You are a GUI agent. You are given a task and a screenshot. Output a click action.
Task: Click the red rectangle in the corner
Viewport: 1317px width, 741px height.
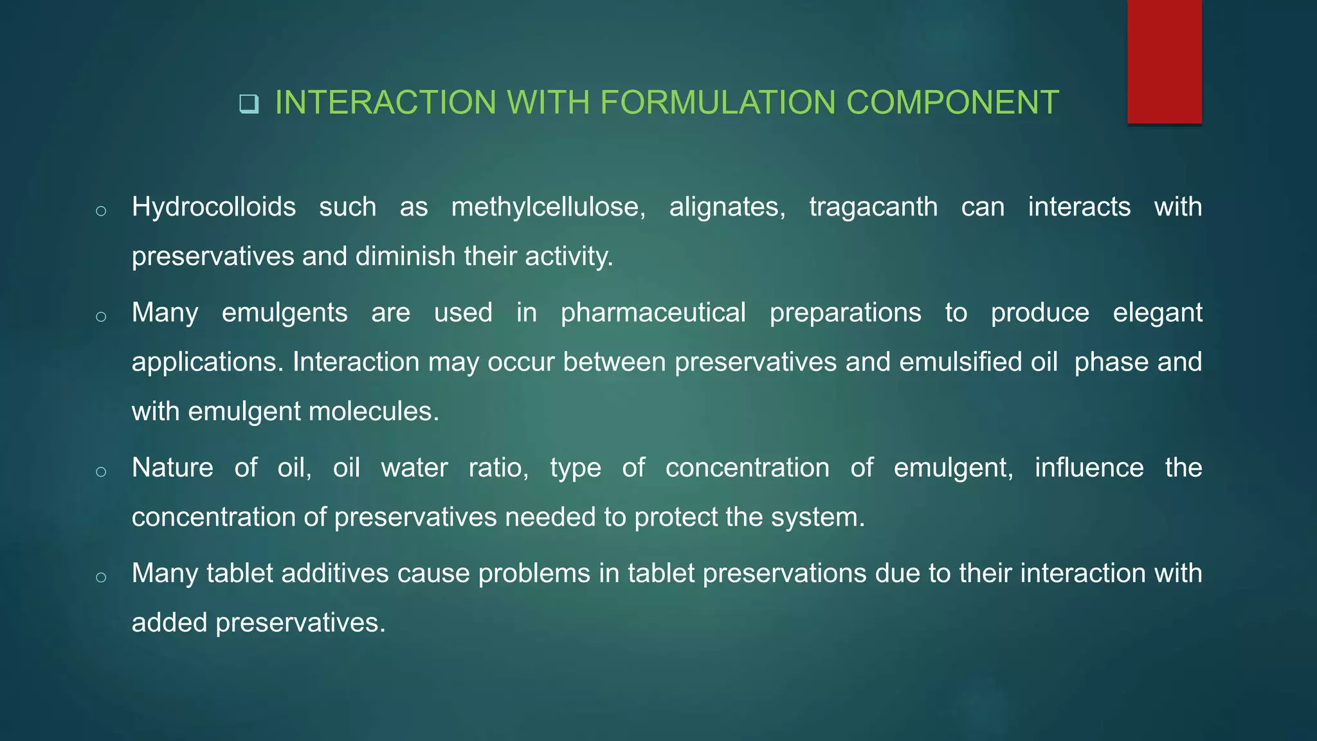pyautogui.click(x=1164, y=61)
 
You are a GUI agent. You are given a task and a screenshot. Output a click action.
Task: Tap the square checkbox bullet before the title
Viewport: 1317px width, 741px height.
pyautogui.click(x=248, y=104)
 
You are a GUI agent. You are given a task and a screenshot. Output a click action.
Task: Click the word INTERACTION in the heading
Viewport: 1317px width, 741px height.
pyautogui.click(x=385, y=103)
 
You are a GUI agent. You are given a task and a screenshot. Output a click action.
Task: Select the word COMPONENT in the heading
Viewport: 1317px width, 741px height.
pyautogui.click(x=952, y=103)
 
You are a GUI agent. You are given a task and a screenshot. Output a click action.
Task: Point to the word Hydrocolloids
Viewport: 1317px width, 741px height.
pyautogui.click(x=213, y=207)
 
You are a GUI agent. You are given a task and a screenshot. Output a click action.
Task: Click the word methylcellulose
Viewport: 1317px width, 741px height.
pyautogui.click(x=548, y=207)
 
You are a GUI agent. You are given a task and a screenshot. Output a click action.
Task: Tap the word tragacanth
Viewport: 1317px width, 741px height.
pyautogui.click(x=873, y=207)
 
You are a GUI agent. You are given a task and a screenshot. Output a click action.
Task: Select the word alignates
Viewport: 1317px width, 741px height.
pyautogui.click(x=727, y=207)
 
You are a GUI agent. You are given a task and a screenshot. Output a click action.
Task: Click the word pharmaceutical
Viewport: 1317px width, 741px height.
pyautogui.click(x=653, y=313)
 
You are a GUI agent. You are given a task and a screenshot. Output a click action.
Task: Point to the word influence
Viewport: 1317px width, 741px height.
pyautogui.click(x=1089, y=468)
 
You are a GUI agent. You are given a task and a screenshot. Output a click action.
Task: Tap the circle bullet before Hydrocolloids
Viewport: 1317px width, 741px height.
pyautogui.click(x=101, y=211)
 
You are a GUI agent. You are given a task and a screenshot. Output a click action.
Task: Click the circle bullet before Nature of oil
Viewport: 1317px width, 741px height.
pyautogui.click(x=101, y=472)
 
